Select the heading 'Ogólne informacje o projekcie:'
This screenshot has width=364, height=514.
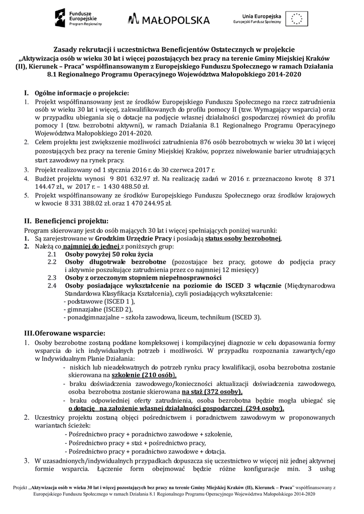81,93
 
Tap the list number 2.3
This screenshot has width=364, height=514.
52,277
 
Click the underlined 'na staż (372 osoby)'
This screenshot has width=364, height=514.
212,392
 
